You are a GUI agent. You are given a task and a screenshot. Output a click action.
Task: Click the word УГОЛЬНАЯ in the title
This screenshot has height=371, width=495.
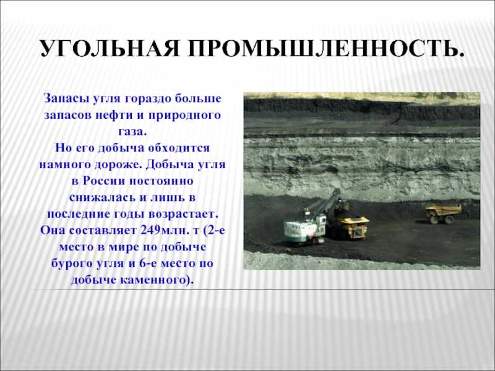tap(110, 49)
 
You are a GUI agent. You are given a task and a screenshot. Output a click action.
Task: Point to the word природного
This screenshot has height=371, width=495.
tap(184, 116)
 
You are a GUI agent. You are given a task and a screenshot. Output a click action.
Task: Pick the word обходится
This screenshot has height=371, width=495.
tap(179, 148)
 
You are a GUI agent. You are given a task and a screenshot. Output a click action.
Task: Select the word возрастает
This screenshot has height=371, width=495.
tap(183, 214)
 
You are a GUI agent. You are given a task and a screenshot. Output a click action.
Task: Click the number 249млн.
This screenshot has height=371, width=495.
tap(163, 230)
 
